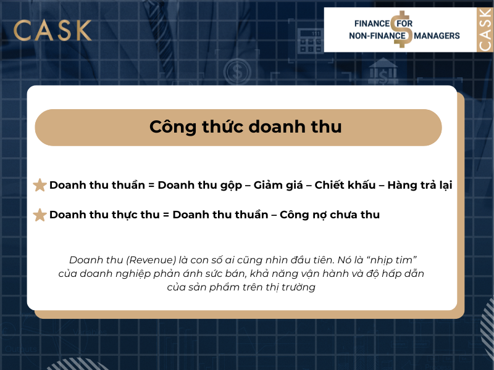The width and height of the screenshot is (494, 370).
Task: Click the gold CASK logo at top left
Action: [x=52, y=30]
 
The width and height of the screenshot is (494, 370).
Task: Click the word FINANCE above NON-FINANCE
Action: [x=372, y=23]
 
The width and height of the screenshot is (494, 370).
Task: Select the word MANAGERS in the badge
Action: [x=437, y=36]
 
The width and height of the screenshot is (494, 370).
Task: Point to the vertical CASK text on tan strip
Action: [x=485, y=30]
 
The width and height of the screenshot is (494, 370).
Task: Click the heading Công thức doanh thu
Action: [x=245, y=127]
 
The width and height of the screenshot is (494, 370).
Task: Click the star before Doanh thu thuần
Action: [x=40, y=185]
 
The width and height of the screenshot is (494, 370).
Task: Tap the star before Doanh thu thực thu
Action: [x=40, y=215]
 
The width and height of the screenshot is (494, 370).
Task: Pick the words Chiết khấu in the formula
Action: [x=342, y=185]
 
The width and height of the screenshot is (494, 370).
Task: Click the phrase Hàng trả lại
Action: [x=420, y=185]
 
